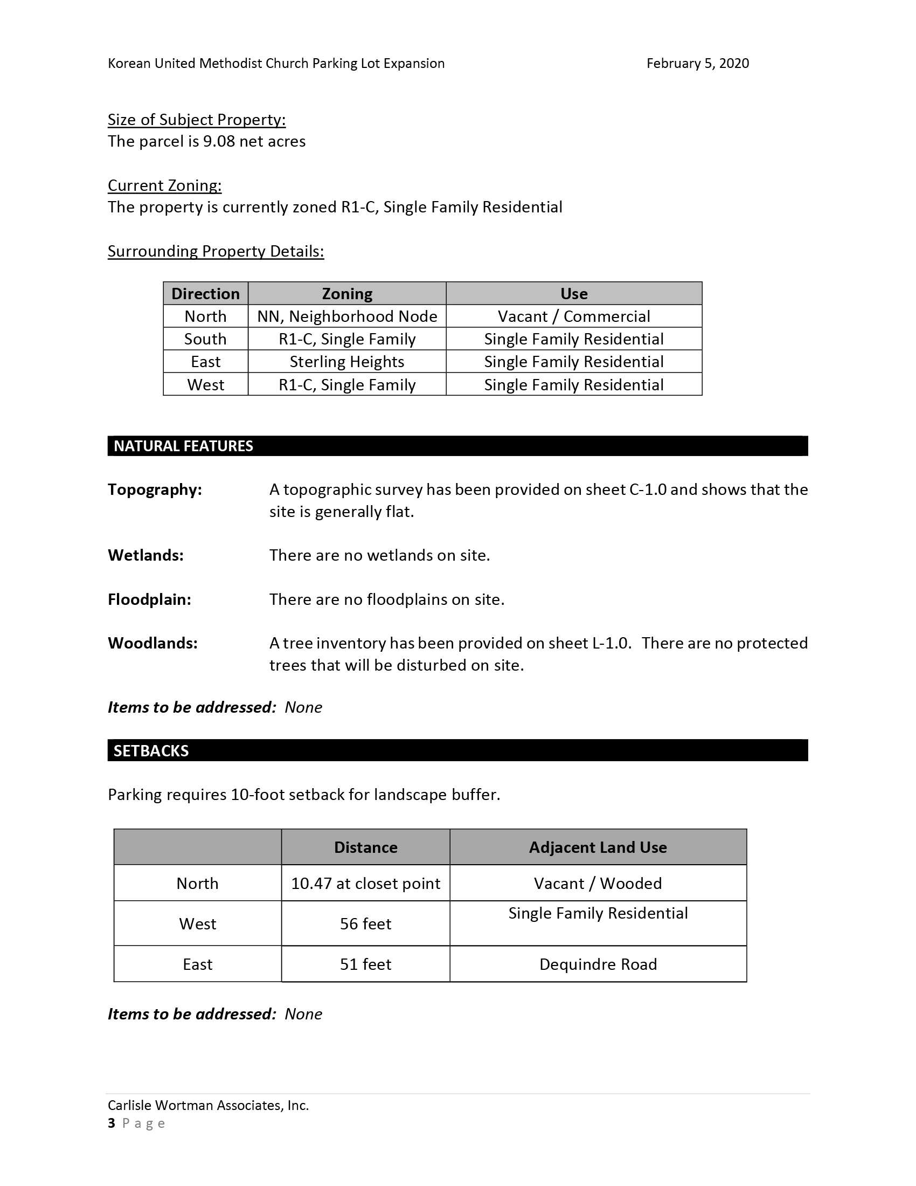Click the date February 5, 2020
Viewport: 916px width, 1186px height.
(x=697, y=64)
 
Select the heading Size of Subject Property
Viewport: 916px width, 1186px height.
(x=197, y=120)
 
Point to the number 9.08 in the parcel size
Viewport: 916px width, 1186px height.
(x=219, y=141)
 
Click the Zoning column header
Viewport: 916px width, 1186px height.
(x=347, y=294)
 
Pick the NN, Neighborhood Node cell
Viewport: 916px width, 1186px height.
(x=347, y=316)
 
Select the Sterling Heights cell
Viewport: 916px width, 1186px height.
(x=347, y=362)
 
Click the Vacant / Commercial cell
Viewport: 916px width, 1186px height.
(x=574, y=316)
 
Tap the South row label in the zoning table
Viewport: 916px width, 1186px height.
(x=205, y=339)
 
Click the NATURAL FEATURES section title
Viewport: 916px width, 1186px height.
(x=183, y=446)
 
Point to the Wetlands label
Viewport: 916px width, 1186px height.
(x=145, y=555)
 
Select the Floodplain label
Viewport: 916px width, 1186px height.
(x=149, y=599)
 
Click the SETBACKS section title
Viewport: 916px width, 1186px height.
(x=151, y=750)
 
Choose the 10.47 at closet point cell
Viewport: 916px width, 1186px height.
(x=365, y=884)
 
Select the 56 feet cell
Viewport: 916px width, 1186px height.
(x=365, y=923)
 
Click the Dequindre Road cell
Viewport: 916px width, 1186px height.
(x=598, y=964)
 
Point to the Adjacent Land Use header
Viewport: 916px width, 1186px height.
(x=598, y=847)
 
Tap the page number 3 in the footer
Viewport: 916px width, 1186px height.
(x=112, y=1123)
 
